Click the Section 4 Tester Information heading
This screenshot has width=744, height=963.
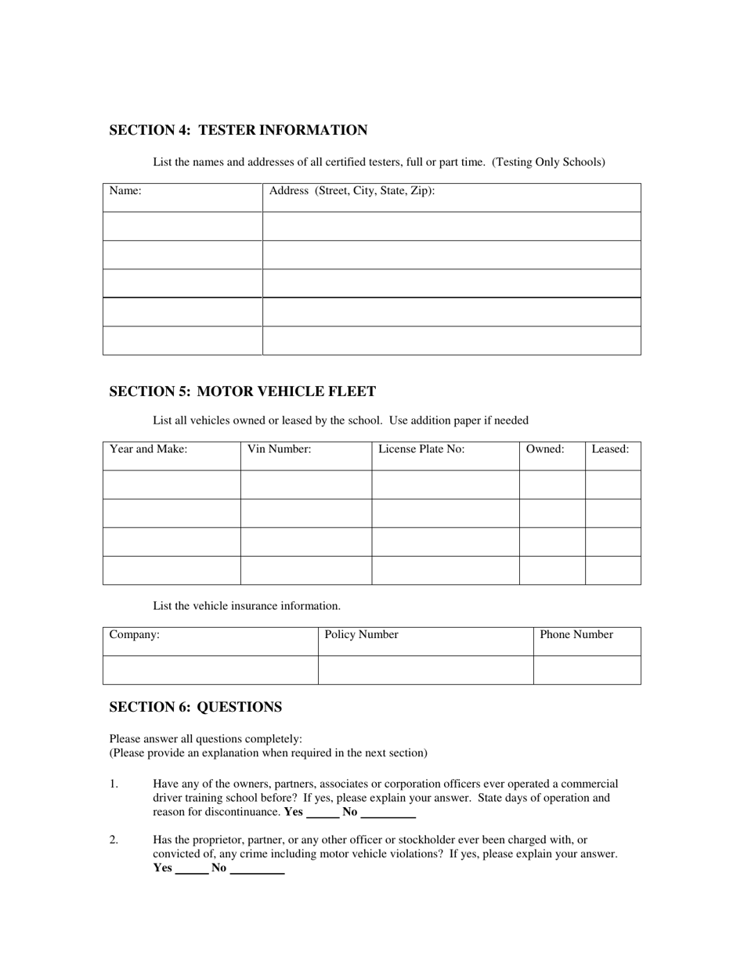pos(238,130)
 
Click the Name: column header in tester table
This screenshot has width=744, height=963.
pos(125,190)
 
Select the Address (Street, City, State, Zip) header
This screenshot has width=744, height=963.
pos(352,190)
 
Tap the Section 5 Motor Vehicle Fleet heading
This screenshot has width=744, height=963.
pos(242,391)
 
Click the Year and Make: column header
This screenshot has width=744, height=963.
pos(148,449)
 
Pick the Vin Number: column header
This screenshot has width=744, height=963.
pos(279,449)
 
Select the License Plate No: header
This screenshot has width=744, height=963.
pos(421,449)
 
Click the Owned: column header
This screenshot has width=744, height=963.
pos(545,449)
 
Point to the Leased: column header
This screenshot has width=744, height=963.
pos(610,449)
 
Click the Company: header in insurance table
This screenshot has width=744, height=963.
pos(134,635)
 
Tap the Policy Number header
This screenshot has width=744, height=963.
pos(361,635)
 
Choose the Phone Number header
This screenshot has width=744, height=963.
pos(576,635)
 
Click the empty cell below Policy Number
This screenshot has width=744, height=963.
pos(425,670)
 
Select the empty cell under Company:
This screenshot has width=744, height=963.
pos(210,670)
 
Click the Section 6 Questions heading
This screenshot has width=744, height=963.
pos(195,707)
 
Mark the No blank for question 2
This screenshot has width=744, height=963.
pos(257,868)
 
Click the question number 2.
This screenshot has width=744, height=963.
pos(114,840)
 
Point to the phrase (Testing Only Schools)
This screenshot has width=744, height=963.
pos(548,162)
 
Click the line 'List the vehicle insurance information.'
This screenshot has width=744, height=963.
pos(247,606)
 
